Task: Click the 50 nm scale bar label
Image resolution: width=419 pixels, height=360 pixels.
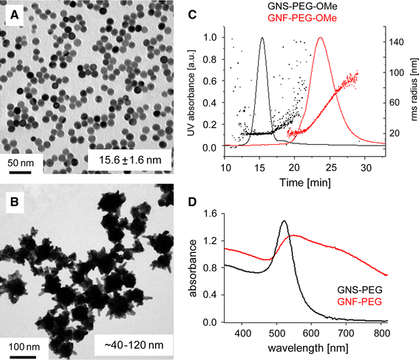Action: pos(20,161)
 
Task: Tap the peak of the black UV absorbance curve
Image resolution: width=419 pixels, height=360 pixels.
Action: pos(262,38)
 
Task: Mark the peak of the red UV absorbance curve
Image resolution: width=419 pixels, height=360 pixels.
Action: pos(321,38)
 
